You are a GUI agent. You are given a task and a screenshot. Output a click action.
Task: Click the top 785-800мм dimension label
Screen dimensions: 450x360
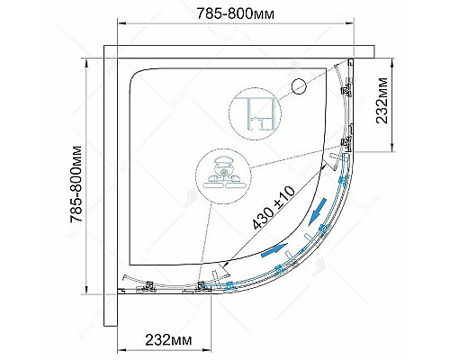[x=235, y=13]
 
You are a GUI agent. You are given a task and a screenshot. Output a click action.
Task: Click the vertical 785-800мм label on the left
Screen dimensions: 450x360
[x=76, y=184]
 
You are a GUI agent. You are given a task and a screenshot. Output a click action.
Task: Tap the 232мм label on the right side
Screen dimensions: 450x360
[x=382, y=101]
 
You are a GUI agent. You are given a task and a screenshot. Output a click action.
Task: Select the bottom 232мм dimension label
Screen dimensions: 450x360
[x=168, y=340]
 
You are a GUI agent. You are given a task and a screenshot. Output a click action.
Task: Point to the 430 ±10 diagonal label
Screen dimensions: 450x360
[x=274, y=207]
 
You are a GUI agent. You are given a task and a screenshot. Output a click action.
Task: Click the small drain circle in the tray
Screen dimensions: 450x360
[x=299, y=86]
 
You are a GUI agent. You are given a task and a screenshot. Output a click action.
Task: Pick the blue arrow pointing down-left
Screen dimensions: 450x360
[x=318, y=211]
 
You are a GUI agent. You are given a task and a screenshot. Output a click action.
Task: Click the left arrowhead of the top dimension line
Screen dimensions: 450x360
[x=121, y=23]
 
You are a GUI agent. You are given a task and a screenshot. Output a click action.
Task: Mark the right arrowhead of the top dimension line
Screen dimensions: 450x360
[x=350, y=23]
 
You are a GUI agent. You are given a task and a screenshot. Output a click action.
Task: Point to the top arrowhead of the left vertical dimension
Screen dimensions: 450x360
[x=86, y=63]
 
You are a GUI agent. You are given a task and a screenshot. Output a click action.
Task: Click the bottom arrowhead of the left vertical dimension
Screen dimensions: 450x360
[x=86, y=290]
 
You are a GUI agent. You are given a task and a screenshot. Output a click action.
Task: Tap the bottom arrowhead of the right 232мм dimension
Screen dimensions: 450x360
[x=392, y=148]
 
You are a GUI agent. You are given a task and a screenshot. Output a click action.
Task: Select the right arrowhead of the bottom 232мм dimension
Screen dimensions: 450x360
[x=208, y=350]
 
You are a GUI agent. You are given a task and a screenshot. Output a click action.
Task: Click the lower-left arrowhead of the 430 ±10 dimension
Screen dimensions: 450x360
[x=227, y=264]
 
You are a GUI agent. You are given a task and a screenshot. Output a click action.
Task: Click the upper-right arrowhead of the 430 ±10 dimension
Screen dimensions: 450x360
[x=323, y=166]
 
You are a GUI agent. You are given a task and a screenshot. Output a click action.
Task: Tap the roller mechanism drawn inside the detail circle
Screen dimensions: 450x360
[x=222, y=174]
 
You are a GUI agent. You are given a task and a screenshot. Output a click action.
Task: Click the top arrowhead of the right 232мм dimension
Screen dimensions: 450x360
[x=392, y=63]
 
